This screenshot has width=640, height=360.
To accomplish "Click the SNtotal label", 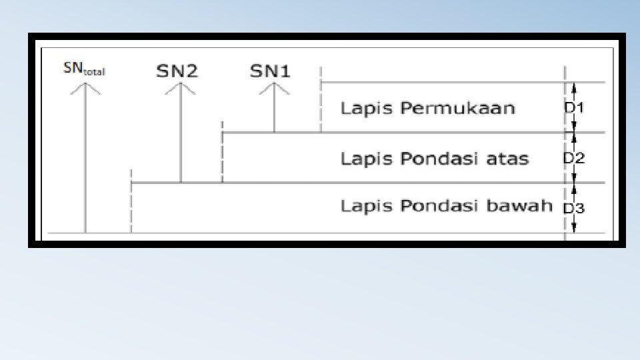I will (84, 68).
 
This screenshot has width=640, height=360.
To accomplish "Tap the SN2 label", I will (177, 71).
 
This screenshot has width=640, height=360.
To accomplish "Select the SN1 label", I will (270, 71).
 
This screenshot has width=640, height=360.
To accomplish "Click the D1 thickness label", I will (573, 107).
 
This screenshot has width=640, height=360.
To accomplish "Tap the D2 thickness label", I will (573, 159).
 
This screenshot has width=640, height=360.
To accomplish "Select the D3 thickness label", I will (574, 209).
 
